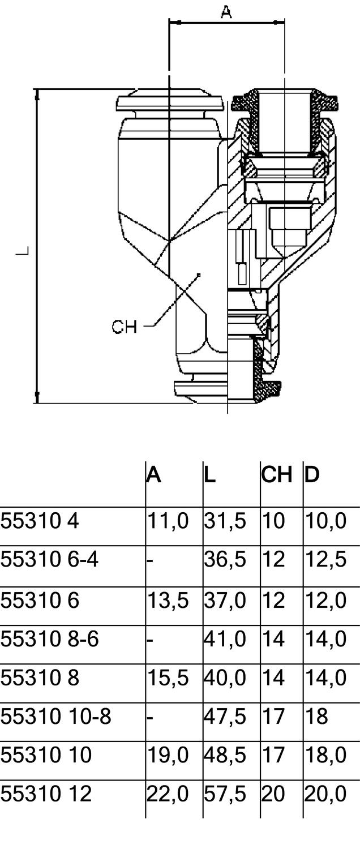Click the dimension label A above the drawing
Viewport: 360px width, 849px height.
pos(226,12)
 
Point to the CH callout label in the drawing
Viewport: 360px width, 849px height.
pos(124,327)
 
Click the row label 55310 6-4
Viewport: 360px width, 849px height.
pos(49,560)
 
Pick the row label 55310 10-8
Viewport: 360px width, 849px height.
pos(55,716)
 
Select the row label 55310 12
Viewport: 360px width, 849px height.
pos(46,794)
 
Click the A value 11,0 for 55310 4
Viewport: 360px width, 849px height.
pos(168,521)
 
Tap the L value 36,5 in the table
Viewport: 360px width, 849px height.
pos(225,560)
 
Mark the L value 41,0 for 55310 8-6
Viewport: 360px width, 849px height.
pos(225,638)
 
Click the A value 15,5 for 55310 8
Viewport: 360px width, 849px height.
pos(168,678)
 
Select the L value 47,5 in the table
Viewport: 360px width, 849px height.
pos(225,716)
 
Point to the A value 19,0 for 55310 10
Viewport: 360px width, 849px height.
pos(168,755)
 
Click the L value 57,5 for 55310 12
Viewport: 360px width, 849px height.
pos(225,794)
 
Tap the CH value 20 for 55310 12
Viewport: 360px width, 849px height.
pos(273,794)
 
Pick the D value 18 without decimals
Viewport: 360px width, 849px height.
pos(316,716)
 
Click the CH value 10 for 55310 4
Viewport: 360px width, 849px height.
pos(273,521)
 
